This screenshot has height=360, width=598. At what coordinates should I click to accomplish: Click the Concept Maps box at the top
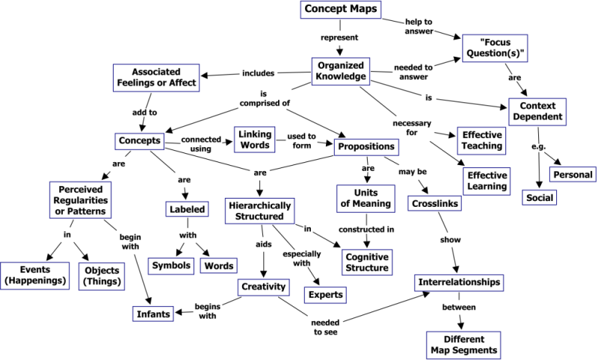click(341, 10)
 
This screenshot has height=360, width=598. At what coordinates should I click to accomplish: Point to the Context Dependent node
click(537, 112)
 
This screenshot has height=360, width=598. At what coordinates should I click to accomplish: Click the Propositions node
click(366, 146)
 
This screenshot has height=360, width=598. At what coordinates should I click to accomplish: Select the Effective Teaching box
click(481, 140)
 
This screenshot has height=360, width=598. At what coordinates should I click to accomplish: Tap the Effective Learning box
click(487, 181)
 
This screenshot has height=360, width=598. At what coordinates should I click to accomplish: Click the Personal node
click(572, 175)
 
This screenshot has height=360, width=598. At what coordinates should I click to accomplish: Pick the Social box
click(539, 198)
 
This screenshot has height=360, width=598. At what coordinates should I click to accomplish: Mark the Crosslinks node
click(434, 203)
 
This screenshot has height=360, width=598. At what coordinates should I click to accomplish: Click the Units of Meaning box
click(368, 197)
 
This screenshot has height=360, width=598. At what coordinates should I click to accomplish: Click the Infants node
click(154, 314)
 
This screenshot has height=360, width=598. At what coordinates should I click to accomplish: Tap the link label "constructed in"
click(366, 229)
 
